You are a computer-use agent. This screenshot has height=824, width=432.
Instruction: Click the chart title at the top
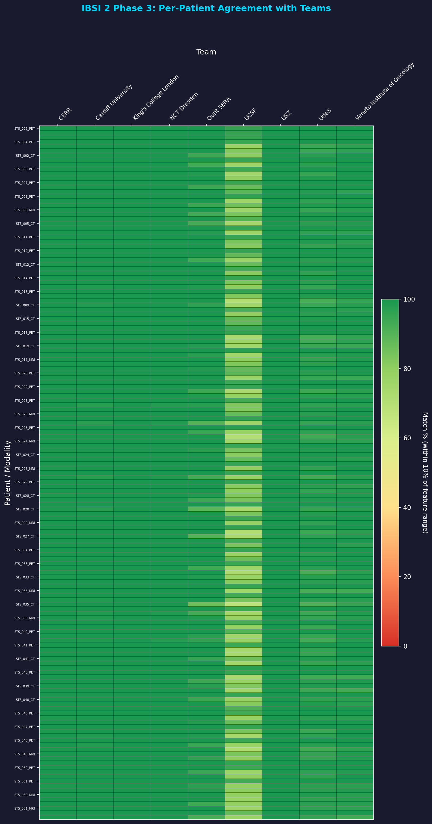206,8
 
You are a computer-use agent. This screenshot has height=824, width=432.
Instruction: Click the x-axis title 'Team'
206,52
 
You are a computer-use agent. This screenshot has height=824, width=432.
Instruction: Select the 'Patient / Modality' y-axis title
8,473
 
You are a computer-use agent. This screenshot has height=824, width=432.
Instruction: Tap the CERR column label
65,114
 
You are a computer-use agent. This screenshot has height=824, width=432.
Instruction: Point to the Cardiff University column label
114,102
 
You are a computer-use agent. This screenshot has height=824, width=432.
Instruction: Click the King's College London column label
156,98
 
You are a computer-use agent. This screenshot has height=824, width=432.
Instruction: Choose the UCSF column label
250,115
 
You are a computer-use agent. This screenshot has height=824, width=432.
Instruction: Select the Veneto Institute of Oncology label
385,91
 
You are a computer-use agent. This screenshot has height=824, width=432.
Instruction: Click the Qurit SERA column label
219,109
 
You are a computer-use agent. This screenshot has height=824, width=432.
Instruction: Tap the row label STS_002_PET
25,129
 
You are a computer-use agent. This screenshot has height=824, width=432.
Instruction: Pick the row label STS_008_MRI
25,210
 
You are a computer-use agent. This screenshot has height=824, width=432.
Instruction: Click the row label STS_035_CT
25,605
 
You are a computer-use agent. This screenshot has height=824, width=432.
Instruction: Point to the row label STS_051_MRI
25,808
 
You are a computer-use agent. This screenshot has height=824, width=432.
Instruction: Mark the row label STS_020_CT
25,509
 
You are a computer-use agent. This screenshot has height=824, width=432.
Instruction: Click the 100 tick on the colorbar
409,299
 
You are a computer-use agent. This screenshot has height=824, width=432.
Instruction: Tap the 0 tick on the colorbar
406,646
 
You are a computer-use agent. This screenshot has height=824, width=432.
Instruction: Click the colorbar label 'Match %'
425,473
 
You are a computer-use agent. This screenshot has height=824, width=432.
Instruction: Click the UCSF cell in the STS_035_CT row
243,605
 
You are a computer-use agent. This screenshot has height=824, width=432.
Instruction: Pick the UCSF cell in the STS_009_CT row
243,305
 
